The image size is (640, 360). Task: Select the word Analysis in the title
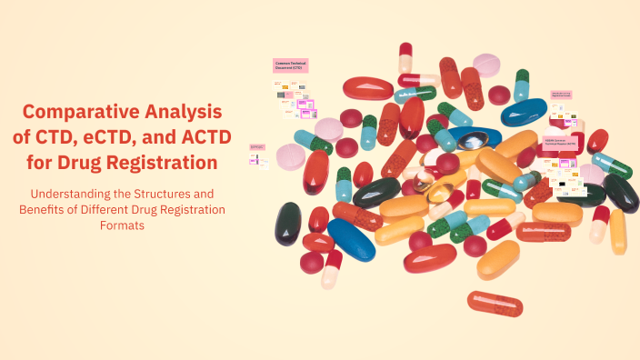coord(183,113)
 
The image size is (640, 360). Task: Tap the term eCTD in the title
coord(106,138)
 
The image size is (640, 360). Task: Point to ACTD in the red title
coord(206,138)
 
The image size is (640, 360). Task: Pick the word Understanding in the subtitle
coord(74,194)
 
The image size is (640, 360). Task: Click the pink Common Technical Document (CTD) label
coord(290,65)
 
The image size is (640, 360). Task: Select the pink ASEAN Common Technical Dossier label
coord(561,143)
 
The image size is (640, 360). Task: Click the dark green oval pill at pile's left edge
coord(289,224)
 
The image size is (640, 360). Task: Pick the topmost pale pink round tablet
coord(487,65)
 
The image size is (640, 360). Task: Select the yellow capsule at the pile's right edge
coord(617,231)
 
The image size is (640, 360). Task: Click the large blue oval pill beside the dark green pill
coord(350,238)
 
